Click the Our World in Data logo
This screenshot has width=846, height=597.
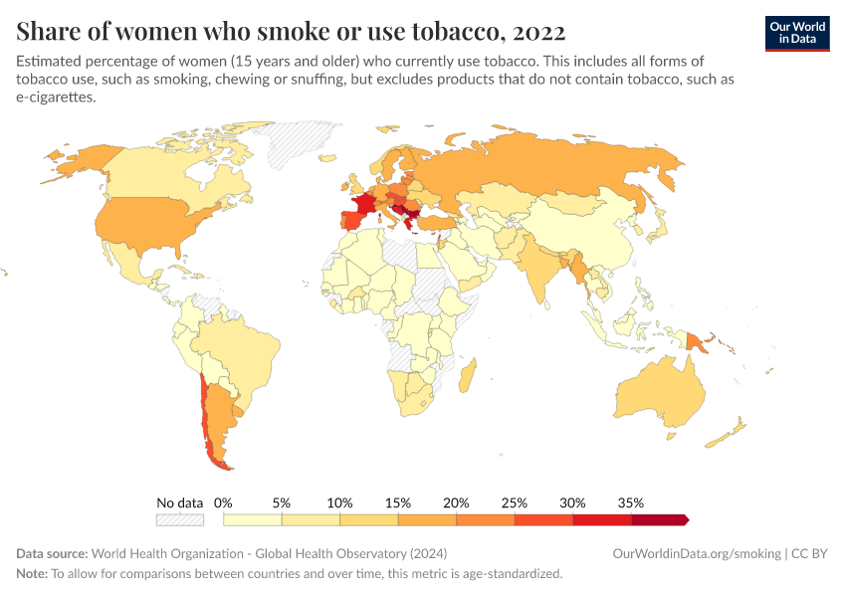click(x=796, y=33)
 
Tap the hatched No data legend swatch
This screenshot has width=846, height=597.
click(x=180, y=519)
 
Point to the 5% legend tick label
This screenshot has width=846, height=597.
click(x=282, y=502)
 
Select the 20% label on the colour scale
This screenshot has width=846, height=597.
click(x=456, y=502)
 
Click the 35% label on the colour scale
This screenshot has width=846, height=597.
click(x=630, y=502)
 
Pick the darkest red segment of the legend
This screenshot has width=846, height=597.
click(x=659, y=519)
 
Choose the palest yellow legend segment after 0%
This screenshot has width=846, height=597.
click(x=253, y=519)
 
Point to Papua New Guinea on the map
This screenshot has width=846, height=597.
click(x=696, y=341)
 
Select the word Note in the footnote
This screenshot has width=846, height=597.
click(x=30, y=574)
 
